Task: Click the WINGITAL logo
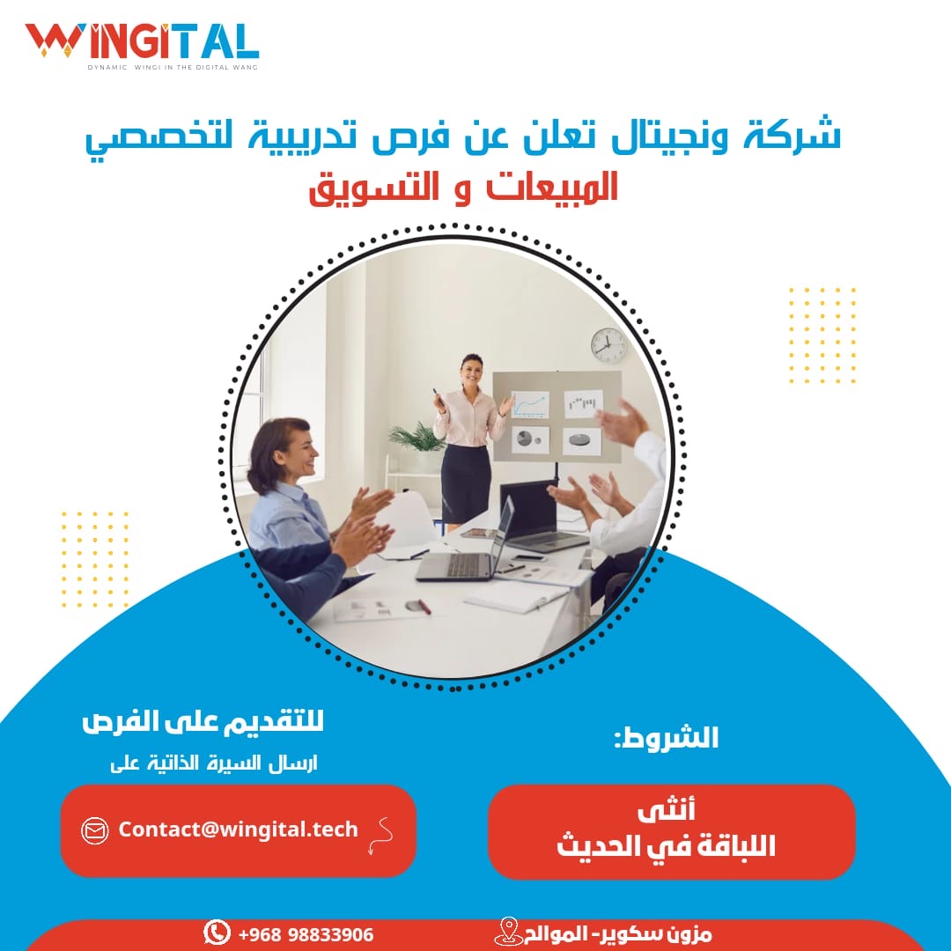coord(142,46)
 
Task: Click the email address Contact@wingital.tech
coord(238,829)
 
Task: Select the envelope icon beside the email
coord(94,830)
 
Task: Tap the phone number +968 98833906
coord(306,934)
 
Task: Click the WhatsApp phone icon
coord(217,933)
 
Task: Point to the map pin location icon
coord(508,932)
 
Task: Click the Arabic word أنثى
coord(666,810)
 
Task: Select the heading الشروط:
coord(666,738)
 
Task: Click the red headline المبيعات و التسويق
coord(463,188)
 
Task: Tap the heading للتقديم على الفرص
coord(203,722)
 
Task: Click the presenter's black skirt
coord(465,484)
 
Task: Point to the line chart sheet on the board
coord(531,404)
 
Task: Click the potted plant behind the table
coord(417,438)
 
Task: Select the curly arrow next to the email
coord(381,835)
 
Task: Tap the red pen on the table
coord(424,606)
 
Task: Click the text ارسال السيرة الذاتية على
coord(213,763)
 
